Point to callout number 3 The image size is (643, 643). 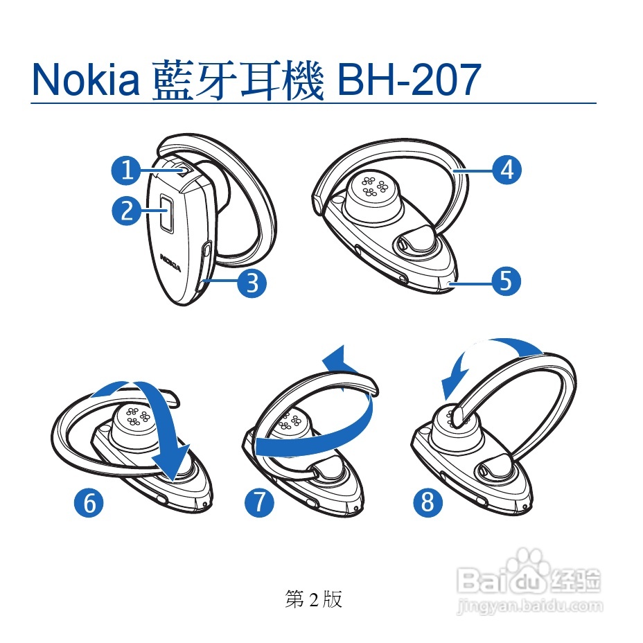pyautogui.click(x=252, y=283)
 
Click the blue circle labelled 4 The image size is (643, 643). pyautogui.click(x=507, y=169)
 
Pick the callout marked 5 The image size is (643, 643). pyautogui.click(x=506, y=281)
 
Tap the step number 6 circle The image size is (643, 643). pyautogui.click(x=89, y=502)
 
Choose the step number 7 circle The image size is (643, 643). pyautogui.click(x=259, y=501)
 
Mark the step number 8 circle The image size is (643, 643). pyautogui.click(x=428, y=501)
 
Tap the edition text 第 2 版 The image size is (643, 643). pyautogui.click(x=313, y=599)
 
